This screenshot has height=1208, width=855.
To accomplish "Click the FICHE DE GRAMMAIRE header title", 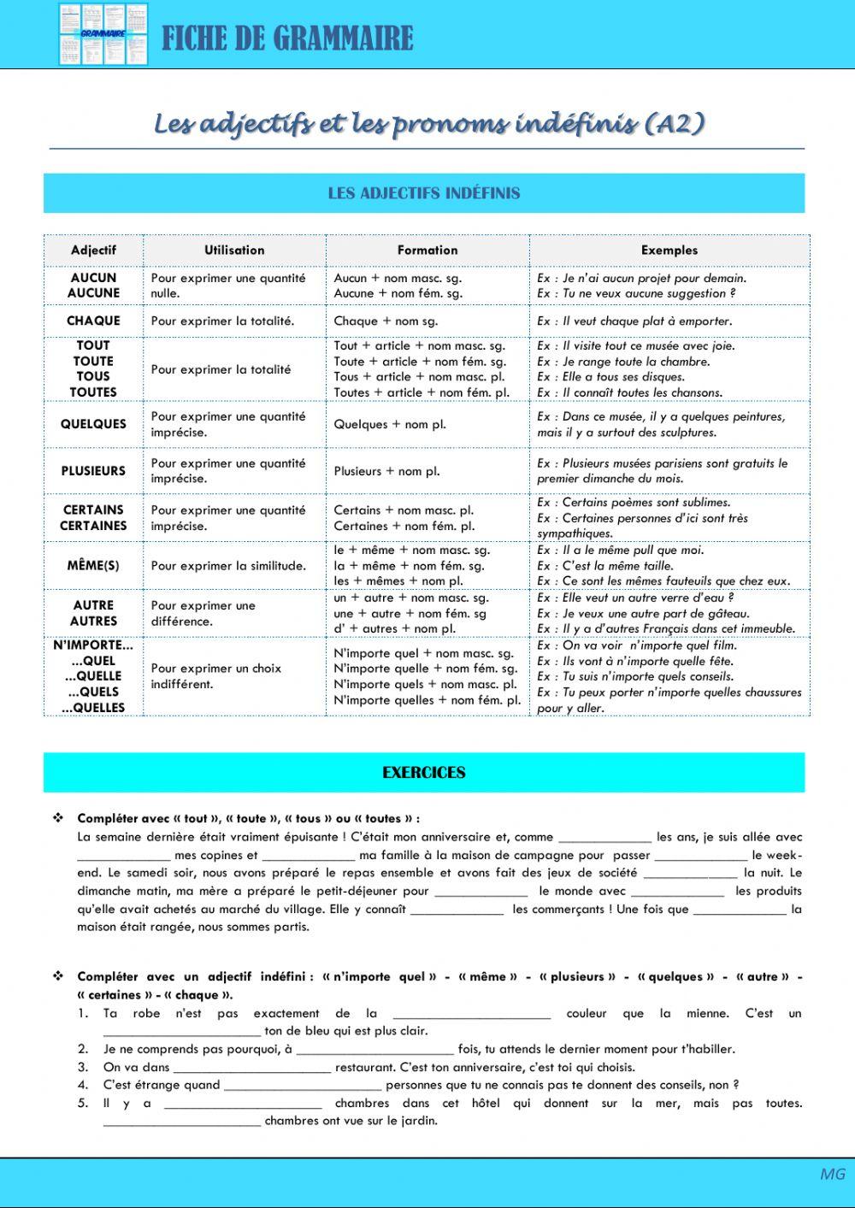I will point(287,38).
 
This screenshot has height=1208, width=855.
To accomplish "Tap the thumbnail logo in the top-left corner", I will point(103,34).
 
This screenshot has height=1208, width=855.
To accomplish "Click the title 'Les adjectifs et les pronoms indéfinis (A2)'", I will point(429,124).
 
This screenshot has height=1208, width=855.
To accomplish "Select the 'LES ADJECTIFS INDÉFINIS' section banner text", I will point(424,193).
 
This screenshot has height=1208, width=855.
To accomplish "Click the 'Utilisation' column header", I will point(234,250).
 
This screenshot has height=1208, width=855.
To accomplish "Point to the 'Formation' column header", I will point(427,250).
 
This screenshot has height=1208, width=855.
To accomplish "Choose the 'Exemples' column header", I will point(669,250).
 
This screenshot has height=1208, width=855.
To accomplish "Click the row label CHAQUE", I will point(93,321).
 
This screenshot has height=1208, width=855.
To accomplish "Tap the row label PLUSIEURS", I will point(93,471).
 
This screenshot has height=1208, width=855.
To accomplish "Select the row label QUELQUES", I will point(93,424).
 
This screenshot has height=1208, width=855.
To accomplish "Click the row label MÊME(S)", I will point(93,566).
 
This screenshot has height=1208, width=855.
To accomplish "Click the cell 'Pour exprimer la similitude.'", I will point(228,566).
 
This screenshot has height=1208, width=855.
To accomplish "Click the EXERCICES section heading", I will point(424,773).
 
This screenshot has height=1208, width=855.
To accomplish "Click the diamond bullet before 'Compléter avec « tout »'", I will point(58,818).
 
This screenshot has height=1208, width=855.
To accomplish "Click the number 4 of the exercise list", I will point(83,1085).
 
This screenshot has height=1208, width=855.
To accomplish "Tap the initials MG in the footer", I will point(832,1174).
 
